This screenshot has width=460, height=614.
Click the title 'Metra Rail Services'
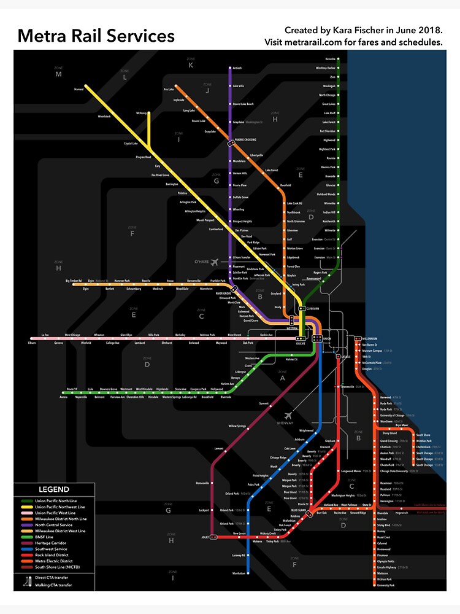coord(96,36)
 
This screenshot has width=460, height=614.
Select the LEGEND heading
coord(54,489)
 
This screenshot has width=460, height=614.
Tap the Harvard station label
coord(79,89)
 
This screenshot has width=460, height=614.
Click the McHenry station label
coord(142,113)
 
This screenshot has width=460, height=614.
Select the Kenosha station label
coord(331,59)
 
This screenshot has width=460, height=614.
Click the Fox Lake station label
coord(169,90)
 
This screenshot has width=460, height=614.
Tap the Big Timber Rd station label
coord(73,281)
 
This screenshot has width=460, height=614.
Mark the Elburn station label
coord(32,343)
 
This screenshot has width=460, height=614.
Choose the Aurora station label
coord(63,397)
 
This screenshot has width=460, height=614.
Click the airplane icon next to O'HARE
coord(214,262)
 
